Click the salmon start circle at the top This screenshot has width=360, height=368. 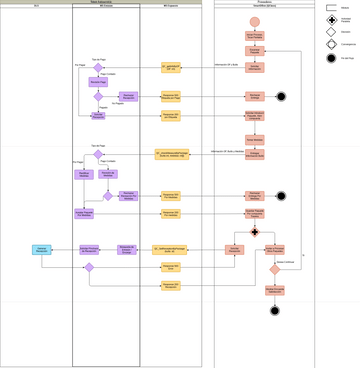tap(254, 21)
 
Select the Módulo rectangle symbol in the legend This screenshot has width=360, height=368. tap(331, 8)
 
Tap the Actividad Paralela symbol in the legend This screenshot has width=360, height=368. tap(331, 20)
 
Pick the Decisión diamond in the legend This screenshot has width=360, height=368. tap(331, 32)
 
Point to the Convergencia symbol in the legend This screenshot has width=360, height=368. tap(331, 45)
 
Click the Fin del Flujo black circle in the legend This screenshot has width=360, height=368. tap(331, 58)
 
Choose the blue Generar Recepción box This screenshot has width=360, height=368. tap(41, 249)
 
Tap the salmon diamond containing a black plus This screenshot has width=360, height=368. tap(254, 231)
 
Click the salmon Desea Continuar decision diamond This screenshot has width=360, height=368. tap(274, 269)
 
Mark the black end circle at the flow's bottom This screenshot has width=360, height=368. tap(274, 310)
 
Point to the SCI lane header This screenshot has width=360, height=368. tap(36, 6)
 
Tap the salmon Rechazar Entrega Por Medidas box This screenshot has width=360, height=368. tap(254, 196)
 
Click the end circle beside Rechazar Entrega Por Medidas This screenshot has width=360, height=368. tap(281, 196)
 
